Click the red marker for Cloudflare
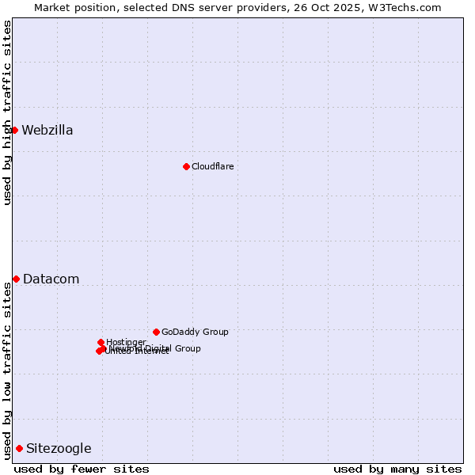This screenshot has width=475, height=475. (x=186, y=166)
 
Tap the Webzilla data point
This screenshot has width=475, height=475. (x=14, y=130)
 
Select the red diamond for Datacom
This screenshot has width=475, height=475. (x=16, y=279)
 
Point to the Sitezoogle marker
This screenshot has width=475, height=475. (x=19, y=448)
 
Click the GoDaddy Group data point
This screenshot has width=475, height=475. (x=156, y=332)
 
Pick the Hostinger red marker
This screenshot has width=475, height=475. (x=101, y=342)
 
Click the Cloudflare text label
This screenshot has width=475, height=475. (x=213, y=166)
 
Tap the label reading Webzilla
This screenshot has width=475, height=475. (x=47, y=131)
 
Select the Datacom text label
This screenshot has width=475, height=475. (x=51, y=279)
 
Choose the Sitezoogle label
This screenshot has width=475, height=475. (x=59, y=449)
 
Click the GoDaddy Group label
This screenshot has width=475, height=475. (x=195, y=332)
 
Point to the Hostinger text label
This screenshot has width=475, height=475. (x=126, y=342)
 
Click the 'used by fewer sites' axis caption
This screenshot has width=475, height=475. (x=82, y=469)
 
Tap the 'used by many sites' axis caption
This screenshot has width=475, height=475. (x=397, y=469)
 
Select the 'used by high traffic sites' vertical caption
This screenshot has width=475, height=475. (x=7, y=112)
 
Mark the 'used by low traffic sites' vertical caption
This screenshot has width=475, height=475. (x=7, y=370)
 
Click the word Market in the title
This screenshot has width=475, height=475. (x=54, y=7)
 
